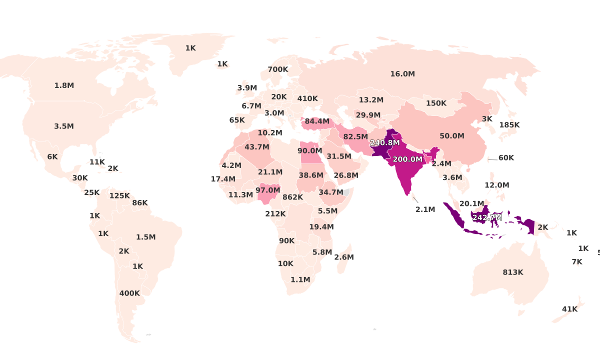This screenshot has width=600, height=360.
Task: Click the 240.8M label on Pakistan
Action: [384, 142]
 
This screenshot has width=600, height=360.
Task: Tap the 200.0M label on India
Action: [407, 159]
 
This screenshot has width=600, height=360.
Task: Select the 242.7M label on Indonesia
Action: [487, 217]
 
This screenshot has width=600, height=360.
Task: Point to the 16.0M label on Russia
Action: [402, 74]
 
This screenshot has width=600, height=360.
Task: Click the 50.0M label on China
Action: [452, 136]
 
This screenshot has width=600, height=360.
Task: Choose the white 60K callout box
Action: [506, 158]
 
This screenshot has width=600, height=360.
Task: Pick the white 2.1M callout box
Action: [425, 209]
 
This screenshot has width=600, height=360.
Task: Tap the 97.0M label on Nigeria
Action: [267, 190]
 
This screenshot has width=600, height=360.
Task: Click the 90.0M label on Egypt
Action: [309, 151]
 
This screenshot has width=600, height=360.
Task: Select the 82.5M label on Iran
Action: [355, 137]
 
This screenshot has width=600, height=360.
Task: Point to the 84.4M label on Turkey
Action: [317, 121]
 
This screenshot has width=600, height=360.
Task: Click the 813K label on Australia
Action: [513, 272]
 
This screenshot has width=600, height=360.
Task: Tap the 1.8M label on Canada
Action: [64, 85]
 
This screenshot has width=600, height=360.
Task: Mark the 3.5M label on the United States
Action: [64, 126]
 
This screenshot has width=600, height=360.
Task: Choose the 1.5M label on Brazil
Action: [146, 237]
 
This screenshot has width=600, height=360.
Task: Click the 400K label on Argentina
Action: [129, 293]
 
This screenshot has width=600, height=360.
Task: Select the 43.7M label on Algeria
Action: [257, 147]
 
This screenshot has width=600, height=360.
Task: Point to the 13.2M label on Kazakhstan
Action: [371, 100]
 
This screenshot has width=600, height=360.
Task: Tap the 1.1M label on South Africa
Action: [300, 280]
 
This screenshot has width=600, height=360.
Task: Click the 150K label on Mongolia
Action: [436, 103]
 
